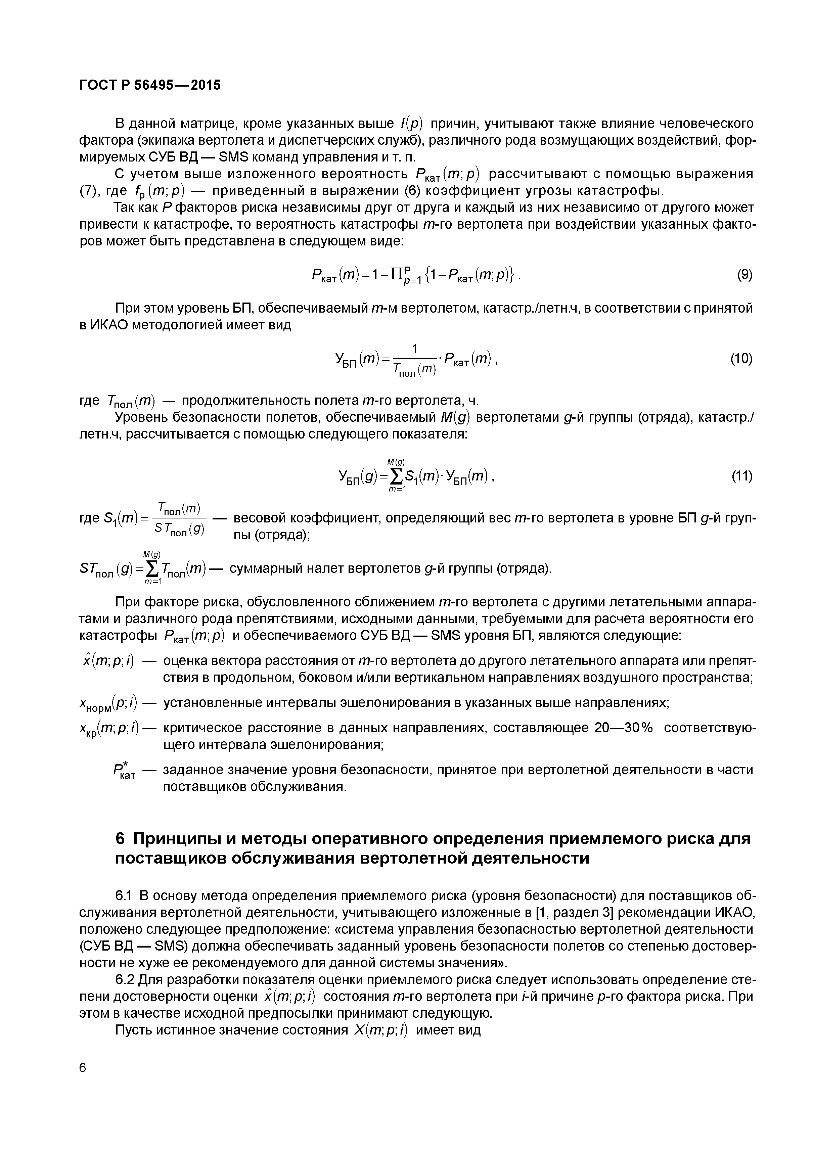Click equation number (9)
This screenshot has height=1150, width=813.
(744, 275)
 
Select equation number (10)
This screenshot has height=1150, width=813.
(741, 359)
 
